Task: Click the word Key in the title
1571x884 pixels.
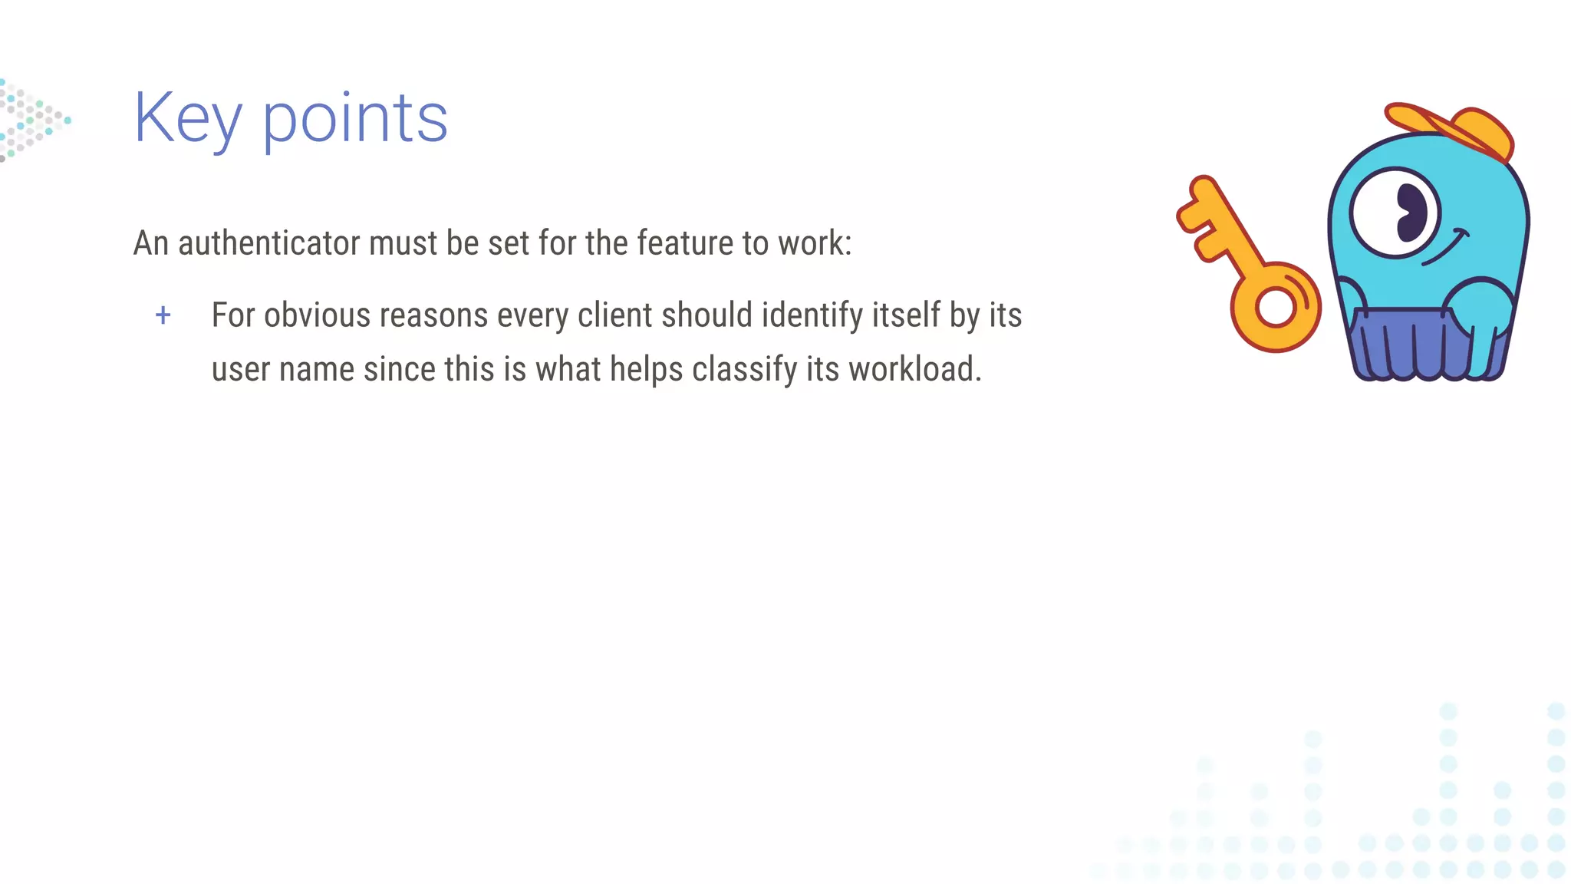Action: pos(188,119)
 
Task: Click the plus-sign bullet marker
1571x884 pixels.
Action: pos(163,315)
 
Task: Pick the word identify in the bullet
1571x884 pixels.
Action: pos(812,315)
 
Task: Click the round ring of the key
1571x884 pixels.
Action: pos(1276,308)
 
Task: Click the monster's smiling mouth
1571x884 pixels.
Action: pos(1446,248)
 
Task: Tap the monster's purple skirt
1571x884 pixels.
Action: pos(1419,345)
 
